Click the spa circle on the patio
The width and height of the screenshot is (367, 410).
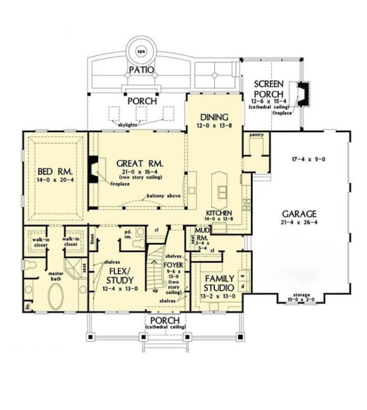(x=141, y=51)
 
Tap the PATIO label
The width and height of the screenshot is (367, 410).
(x=142, y=70)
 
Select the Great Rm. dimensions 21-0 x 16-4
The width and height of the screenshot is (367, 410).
(x=140, y=172)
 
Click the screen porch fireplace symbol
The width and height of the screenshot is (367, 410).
(x=303, y=94)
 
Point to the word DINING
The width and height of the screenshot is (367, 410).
(x=214, y=117)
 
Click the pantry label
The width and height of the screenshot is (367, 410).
(x=256, y=135)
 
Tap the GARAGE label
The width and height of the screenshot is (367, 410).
(x=299, y=214)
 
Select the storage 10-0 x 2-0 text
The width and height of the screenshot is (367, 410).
(x=301, y=297)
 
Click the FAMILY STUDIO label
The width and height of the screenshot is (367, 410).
(x=219, y=283)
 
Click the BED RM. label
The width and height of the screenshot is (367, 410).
(x=55, y=172)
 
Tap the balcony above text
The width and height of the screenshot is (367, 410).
(x=163, y=196)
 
